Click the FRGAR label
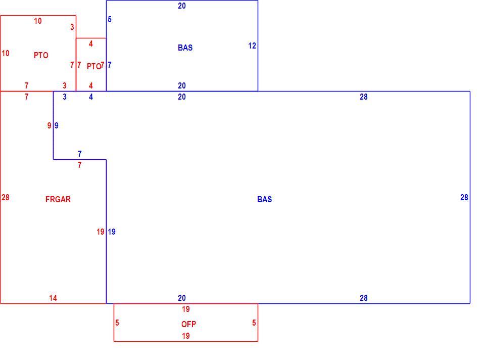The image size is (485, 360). click(58, 199)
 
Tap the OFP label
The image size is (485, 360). click(188, 324)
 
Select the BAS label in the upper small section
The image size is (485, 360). click(185, 48)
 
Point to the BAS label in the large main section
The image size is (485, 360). click(264, 199)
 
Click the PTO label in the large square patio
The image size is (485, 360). click(41, 56)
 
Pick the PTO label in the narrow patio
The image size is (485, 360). click(94, 66)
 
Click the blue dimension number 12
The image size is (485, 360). click(252, 46)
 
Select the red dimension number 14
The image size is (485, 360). click(53, 298)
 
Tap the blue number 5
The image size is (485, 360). click(110, 20)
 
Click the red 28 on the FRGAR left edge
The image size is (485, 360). click(5, 198)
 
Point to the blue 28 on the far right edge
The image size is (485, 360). click(464, 198)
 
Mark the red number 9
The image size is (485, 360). click(49, 126)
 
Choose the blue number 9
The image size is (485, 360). click(56, 126)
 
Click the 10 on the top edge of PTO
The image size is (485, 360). click(38, 21)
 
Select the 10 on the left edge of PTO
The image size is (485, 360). click(5, 53)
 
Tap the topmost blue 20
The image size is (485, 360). click(182, 6)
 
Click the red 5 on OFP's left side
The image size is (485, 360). click(117, 323)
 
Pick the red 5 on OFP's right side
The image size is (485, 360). click(254, 323)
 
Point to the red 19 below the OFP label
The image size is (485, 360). click(186, 336)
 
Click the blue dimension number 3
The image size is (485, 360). click(64, 97)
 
